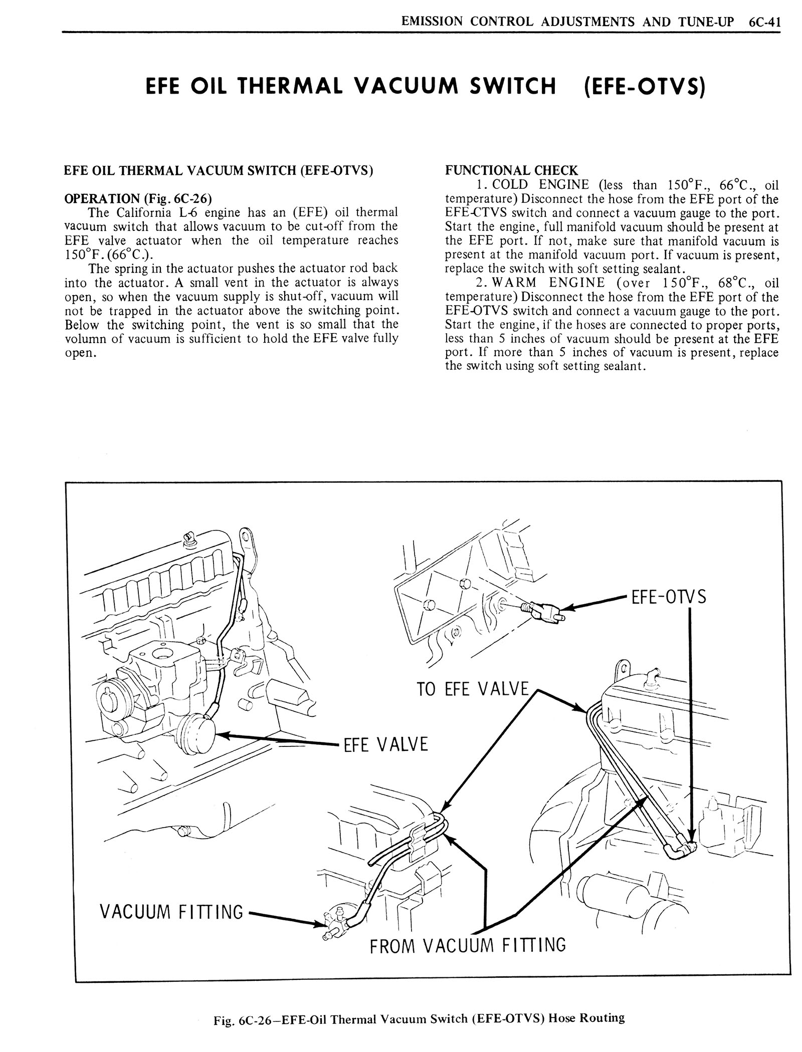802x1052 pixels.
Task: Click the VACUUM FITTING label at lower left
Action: [171, 912]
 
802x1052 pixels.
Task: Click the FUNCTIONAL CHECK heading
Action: [511, 170]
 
